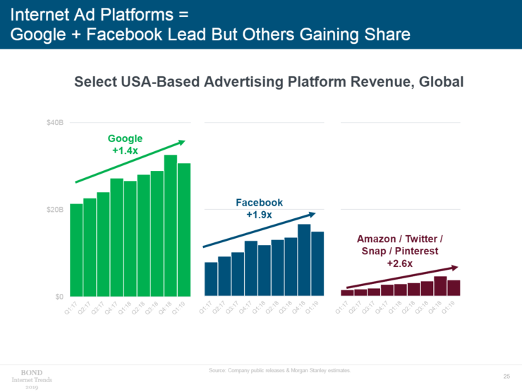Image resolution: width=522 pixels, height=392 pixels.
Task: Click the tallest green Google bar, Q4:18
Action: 171,226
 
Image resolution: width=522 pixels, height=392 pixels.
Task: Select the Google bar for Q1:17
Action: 76,250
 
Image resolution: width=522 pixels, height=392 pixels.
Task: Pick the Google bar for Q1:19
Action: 184,230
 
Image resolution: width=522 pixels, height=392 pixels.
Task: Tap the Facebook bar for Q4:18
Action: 305,260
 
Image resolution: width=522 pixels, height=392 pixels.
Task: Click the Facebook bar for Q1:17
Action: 210,279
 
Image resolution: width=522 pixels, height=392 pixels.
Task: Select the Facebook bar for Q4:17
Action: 250,268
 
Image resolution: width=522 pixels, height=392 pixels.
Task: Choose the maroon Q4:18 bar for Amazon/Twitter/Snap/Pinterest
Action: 440,286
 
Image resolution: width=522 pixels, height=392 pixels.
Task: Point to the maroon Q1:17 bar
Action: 347,292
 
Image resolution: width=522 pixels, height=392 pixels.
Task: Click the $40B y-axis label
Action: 54,123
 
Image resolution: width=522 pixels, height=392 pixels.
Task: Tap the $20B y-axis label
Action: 54,210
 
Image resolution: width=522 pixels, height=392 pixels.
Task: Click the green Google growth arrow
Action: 130,162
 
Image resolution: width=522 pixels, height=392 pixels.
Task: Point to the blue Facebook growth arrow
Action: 259,230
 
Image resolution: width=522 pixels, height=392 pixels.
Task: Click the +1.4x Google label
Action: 126,150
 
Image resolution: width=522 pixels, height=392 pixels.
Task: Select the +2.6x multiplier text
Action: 400,263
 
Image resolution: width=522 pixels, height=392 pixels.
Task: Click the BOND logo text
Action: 32,371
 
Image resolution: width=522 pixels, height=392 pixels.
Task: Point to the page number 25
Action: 506,374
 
